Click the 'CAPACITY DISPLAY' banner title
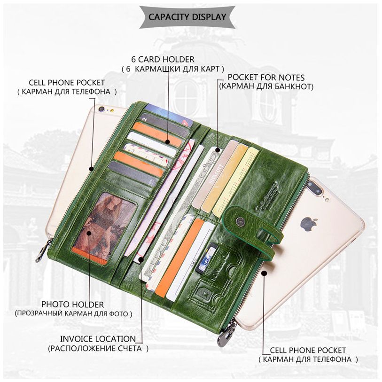click(x=187, y=17)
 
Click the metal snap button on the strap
click(x=240, y=221)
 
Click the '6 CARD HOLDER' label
click(x=163, y=59)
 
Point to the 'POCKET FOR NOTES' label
click(x=266, y=78)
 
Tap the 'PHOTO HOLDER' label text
click(x=73, y=304)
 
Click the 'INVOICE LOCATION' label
click(x=98, y=339)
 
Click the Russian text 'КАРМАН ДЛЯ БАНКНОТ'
click(x=266, y=86)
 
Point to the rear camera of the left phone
click(x=102, y=109)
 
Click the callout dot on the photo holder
click(x=89, y=234)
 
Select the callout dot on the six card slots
click(x=167, y=142)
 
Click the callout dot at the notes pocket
click(x=218, y=150)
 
